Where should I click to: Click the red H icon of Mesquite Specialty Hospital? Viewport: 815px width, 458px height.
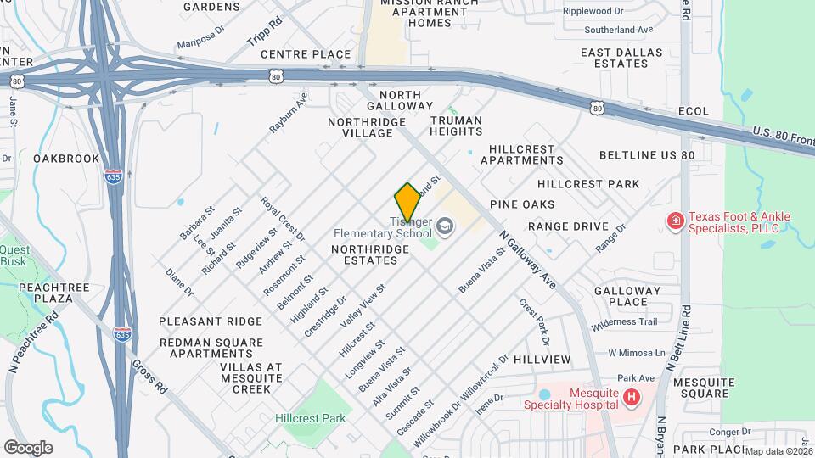(631, 397)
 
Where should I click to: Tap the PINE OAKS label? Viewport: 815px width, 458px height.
(522, 204)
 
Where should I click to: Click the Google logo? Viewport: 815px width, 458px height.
(28, 447)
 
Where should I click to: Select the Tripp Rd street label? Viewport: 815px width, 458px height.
(263, 31)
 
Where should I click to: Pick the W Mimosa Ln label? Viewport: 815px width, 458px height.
(638, 353)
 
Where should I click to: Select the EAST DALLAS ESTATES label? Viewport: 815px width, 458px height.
(615, 58)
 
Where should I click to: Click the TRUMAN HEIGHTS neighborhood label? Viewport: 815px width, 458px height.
(456, 126)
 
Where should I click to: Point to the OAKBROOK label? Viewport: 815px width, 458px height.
(66, 159)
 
